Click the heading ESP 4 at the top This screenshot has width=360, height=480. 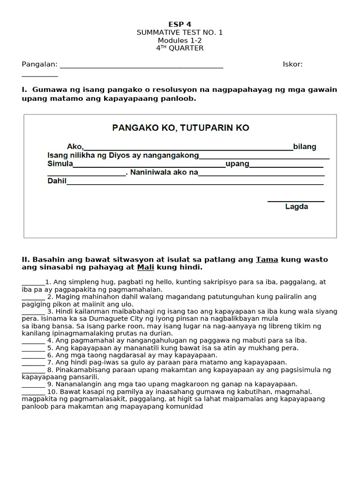180,24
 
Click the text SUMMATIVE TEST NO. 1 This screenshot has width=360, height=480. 180,32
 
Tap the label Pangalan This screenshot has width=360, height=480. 39,64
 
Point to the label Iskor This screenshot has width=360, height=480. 292,64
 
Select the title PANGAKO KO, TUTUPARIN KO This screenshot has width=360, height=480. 180,127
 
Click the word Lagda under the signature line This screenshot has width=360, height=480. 296,207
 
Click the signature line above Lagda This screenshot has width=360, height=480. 296,202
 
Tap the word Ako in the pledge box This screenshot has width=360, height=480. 75,147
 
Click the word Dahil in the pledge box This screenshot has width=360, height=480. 57,181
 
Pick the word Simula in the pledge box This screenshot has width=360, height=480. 60,164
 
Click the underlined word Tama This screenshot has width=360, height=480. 266,260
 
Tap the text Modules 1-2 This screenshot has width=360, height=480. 180,40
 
